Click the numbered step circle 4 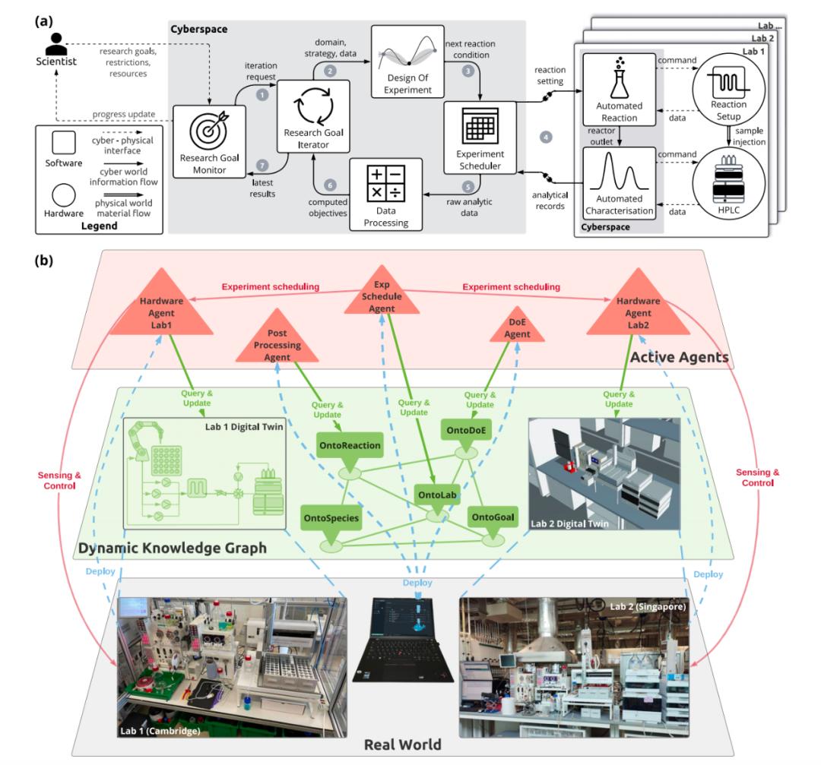(544, 138)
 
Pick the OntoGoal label (493, 518)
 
